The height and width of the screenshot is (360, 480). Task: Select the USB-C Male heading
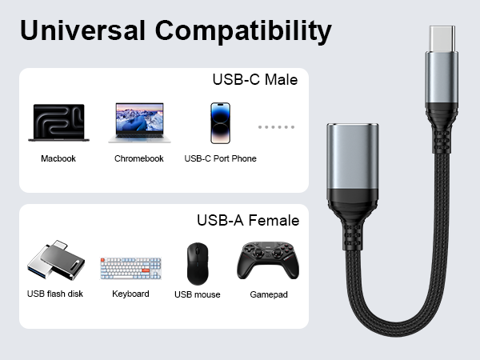coord(254,80)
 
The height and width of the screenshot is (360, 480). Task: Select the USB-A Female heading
coord(248,220)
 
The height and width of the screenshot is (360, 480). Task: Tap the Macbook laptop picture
coord(58,122)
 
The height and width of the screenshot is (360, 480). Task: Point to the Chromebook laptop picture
coord(139,122)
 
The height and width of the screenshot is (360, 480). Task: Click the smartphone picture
coord(220,122)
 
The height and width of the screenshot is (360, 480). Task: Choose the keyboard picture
coord(130,268)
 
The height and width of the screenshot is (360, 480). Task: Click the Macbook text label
coord(58,158)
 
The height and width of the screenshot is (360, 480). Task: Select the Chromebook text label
coord(139,158)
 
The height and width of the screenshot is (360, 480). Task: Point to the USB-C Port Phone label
coord(220,158)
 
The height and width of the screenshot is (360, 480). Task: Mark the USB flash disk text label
coord(54,294)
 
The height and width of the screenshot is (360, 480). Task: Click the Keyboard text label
coord(130,294)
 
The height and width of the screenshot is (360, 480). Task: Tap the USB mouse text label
coord(197,294)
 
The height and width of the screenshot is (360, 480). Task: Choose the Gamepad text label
coord(268,294)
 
